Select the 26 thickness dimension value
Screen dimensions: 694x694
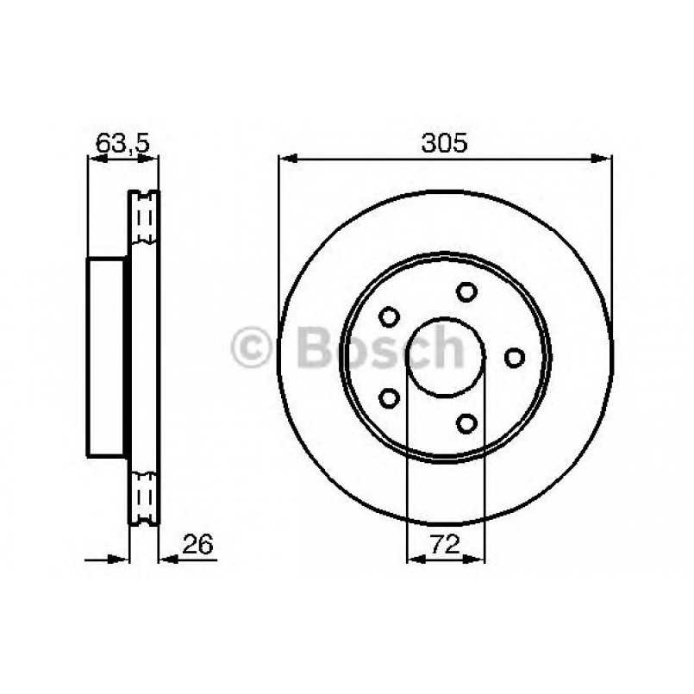tap(197, 544)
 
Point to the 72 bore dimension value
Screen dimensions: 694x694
tap(445, 544)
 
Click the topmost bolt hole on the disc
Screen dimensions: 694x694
tap(466, 291)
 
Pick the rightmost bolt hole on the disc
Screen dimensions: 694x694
tap(515, 356)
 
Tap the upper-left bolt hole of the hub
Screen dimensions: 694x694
tap(389, 317)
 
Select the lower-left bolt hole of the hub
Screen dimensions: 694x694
tap(390, 397)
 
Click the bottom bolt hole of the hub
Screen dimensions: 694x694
tap(466, 422)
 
